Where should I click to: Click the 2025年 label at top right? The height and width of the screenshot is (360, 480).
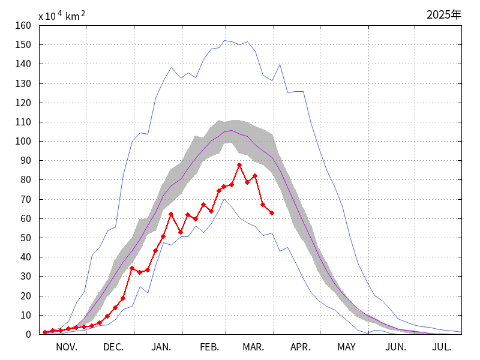[444, 15]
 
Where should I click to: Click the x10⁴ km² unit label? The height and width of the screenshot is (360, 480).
[62, 16]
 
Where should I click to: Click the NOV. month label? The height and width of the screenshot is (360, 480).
[67, 347]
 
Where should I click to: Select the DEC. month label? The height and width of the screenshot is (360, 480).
[113, 347]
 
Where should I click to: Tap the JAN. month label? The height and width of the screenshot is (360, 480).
[161, 347]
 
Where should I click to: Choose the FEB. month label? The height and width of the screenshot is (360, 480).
[209, 347]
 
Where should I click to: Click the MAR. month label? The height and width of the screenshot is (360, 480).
[253, 347]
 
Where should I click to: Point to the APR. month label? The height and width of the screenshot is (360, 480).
[301, 347]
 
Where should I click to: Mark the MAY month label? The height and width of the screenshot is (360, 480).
[346, 347]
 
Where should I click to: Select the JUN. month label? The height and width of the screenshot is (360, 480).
[396, 347]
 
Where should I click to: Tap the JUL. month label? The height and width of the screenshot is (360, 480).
[442, 347]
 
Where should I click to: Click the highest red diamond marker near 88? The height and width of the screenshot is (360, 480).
[239, 165]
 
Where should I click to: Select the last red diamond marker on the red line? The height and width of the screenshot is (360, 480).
[272, 213]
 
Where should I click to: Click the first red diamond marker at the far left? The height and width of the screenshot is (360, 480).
[45, 332]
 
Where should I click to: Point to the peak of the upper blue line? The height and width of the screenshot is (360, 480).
[224, 41]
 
